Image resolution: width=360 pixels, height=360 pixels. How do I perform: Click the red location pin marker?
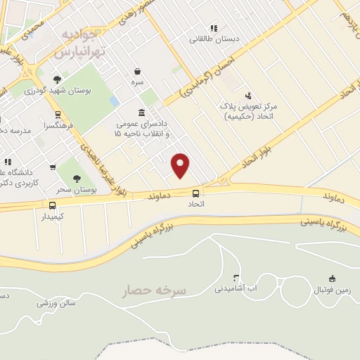point(181,165)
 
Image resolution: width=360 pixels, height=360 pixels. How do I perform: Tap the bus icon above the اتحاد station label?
point(195,193)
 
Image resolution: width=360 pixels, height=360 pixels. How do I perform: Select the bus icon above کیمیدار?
point(52,205)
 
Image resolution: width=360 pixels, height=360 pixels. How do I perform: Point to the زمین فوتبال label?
point(330,289)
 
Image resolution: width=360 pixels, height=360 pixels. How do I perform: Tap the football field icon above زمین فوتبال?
point(331,278)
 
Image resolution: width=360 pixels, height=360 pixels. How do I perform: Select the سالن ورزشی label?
point(56,303)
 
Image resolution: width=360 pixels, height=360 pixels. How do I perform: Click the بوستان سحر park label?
point(76,190)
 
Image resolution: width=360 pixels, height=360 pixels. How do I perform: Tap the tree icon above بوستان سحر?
point(77,178)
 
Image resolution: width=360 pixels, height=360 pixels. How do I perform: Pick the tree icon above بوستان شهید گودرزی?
point(57,79)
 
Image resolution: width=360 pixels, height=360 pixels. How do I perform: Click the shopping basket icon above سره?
point(137,71)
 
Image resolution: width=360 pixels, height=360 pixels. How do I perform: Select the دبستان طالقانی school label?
point(214,39)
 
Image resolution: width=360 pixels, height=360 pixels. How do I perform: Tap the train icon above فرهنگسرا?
point(58,115)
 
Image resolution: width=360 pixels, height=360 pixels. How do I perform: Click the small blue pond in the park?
point(114,101)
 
